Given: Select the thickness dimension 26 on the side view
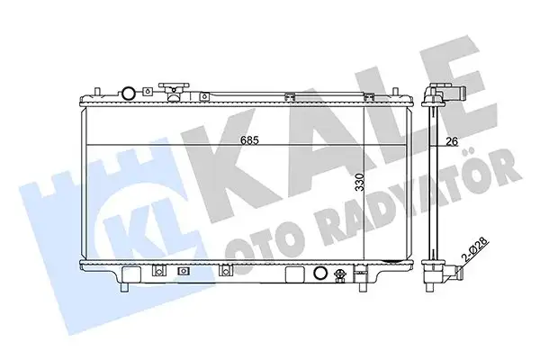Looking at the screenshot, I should pos(453,139).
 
